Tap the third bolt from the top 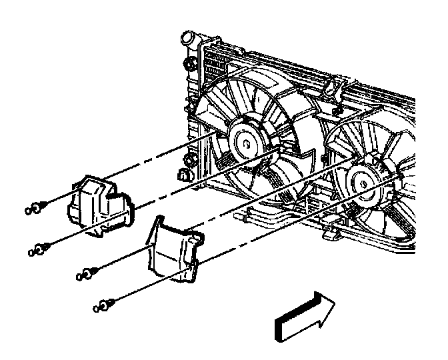86,273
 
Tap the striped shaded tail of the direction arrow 289,323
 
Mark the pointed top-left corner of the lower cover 154,220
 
